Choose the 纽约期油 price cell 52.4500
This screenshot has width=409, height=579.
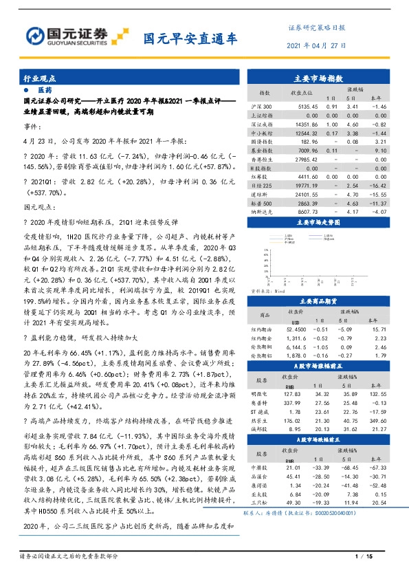(296, 329)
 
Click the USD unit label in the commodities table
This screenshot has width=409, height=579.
(296, 320)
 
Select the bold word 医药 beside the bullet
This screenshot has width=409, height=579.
(45, 90)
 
